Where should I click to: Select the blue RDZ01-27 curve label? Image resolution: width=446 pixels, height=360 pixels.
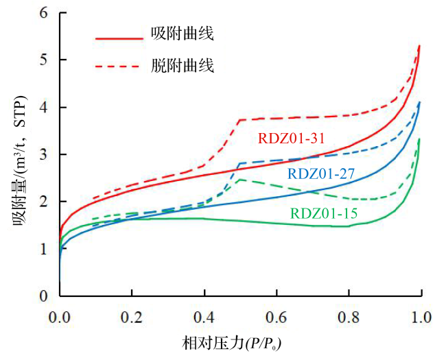click(x=320, y=173)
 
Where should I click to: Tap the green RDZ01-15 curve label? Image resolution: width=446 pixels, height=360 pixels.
click(x=323, y=213)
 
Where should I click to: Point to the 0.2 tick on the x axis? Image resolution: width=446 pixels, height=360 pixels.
click(x=132, y=318)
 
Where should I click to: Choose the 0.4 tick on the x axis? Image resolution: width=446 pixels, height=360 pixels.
click(x=204, y=318)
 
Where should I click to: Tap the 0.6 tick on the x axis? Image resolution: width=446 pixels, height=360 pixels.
click(x=277, y=318)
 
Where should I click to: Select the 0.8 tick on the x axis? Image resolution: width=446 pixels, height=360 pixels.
click(x=349, y=318)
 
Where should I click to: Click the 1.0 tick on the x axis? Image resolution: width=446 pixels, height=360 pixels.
click(x=421, y=318)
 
